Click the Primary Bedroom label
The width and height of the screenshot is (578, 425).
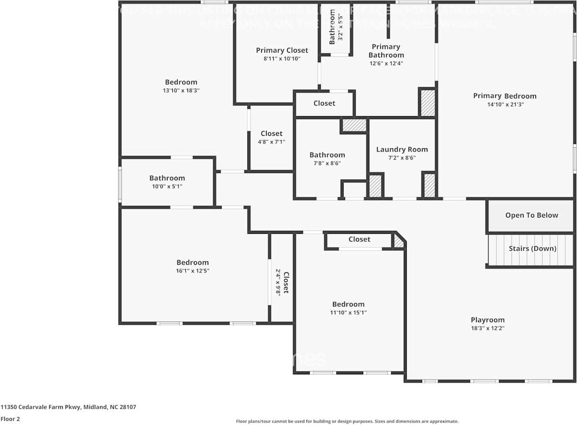pyautogui.click(x=504, y=96)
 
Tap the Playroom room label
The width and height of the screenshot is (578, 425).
pyautogui.click(x=488, y=320)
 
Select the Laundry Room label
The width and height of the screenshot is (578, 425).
pyautogui.click(x=402, y=149)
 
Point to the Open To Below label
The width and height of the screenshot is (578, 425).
pyautogui.click(x=532, y=215)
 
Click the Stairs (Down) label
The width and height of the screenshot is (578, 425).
pyautogui.click(x=532, y=249)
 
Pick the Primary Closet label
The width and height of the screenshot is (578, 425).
pyautogui.click(x=282, y=50)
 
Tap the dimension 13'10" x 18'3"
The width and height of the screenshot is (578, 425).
pyautogui.click(x=181, y=90)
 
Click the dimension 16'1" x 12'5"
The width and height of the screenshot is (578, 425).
pyautogui.click(x=192, y=271)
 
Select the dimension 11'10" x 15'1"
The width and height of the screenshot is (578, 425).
pyautogui.click(x=348, y=313)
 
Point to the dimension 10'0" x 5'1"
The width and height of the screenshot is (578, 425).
pyautogui.click(x=167, y=186)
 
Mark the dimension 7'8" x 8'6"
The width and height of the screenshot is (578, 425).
pyautogui.click(x=327, y=163)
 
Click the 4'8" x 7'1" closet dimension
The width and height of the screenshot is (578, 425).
pyautogui.click(x=271, y=142)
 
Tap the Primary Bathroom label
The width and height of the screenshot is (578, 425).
pyautogui.click(x=386, y=51)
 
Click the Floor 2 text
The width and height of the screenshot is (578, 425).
pyautogui.click(x=10, y=419)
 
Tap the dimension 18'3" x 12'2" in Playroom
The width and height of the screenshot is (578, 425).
pyautogui.click(x=488, y=328)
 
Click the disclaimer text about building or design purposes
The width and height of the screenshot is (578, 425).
pyautogui.click(x=347, y=421)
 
